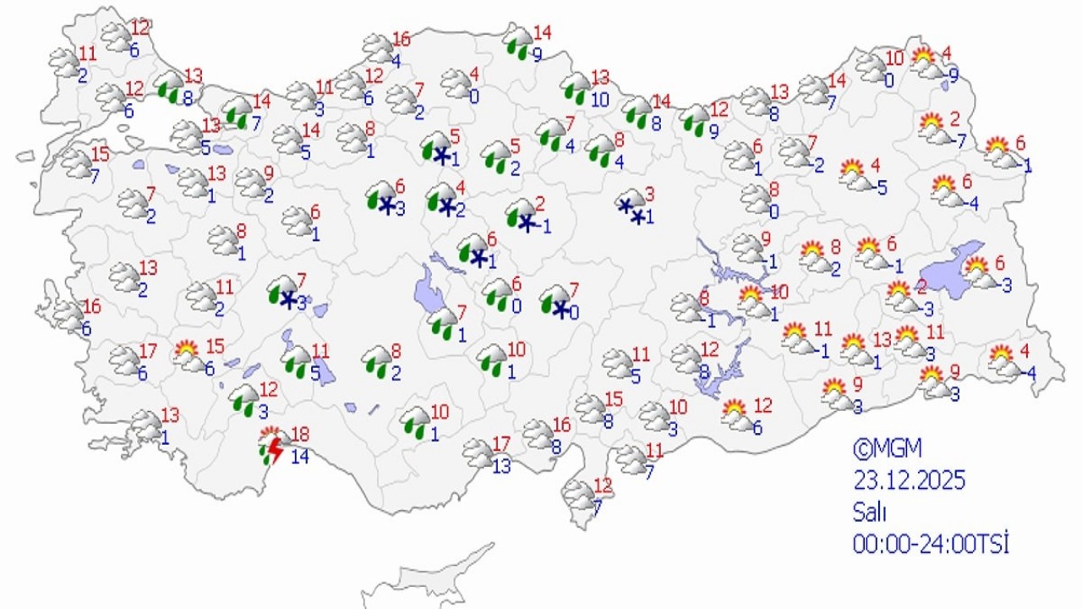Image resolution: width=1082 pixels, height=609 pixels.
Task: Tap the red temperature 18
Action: [x=299, y=436]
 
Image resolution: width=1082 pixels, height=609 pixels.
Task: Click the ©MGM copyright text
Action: [x=884, y=447]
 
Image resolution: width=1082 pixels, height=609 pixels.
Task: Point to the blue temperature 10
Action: [x=600, y=99]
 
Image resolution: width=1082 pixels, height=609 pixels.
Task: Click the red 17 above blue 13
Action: [x=501, y=442]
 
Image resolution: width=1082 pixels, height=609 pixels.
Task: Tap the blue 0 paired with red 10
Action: [x=889, y=80]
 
